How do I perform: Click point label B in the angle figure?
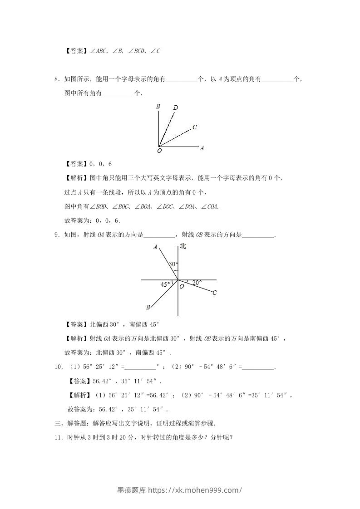(x=158, y=107)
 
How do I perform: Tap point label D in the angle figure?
(x=176, y=108)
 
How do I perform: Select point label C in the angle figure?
(x=194, y=127)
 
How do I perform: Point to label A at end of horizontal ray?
(x=202, y=148)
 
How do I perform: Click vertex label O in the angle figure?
(x=159, y=151)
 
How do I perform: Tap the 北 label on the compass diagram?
(x=183, y=246)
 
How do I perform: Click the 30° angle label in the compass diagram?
(x=173, y=264)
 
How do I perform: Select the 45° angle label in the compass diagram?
(x=165, y=284)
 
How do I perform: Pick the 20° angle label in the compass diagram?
(x=197, y=283)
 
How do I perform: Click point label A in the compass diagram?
(x=155, y=248)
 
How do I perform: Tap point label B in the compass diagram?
(x=148, y=307)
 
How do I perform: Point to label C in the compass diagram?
(x=215, y=293)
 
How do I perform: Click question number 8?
(x=56, y=79)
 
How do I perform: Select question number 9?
(x=56, y=235)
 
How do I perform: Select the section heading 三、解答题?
(x=72, y=424)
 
